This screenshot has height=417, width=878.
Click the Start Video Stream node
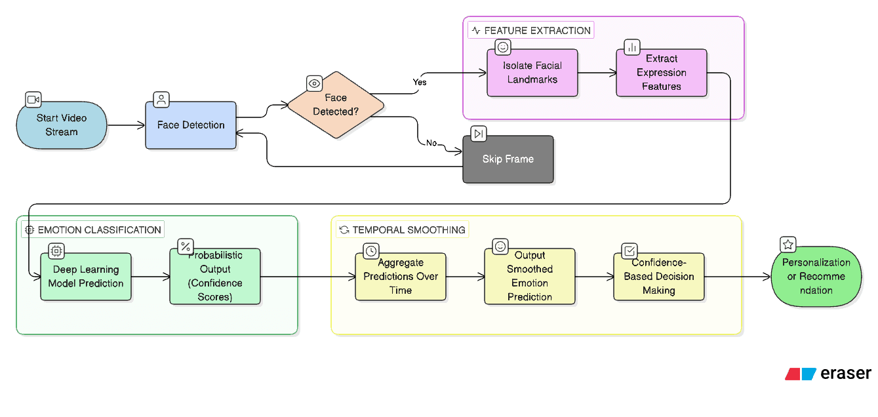click(62, 125)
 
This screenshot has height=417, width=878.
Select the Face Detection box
click(191, 125)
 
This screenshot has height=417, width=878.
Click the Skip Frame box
click(508, 159)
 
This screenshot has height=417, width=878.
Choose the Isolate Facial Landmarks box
click(532, 73)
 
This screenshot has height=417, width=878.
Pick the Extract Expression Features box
click(661, 73)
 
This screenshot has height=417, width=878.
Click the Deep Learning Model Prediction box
click(86, 277)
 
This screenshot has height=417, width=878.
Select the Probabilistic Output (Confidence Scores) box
click(215, 276)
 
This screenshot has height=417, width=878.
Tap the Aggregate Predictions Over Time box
click(401, 277)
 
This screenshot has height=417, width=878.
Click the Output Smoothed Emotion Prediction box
click(530, 276)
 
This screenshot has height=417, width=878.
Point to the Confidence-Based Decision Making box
click(659, 277)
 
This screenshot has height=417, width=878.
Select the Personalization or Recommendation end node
click(816, 277)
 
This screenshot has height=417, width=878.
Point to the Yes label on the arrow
click(419, 82)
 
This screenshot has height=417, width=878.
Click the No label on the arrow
click(431, 143)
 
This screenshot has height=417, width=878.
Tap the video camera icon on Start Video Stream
click(33, 100)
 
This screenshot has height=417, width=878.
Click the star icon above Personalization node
click(788, 245)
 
